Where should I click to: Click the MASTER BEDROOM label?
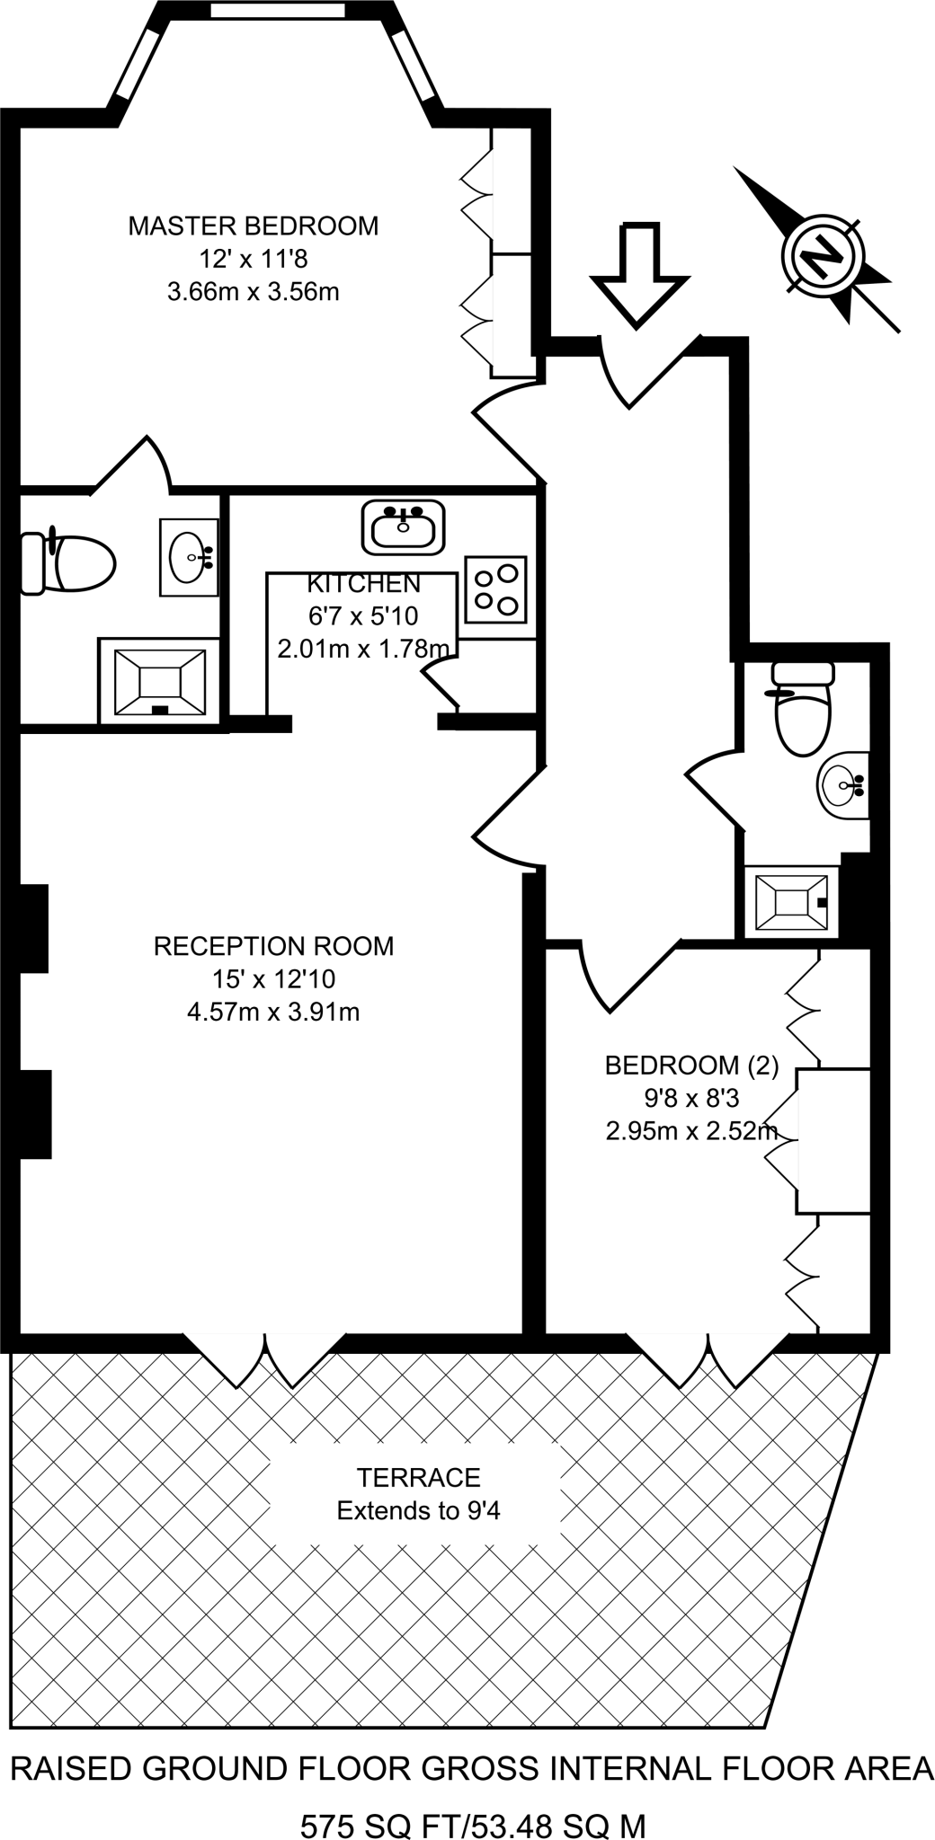pos(253,226)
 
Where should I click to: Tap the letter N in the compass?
pos(823,254)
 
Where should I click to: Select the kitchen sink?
pos(404,527)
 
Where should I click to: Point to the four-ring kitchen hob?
pos(495,589)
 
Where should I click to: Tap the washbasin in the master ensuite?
pos(189,557)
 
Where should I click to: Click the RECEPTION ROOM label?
pos(273,946)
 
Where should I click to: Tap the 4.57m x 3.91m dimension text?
pos(273,1013)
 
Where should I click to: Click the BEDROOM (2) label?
pos(691,1066)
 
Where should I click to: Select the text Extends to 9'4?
pos(418,1511)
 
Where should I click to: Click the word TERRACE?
pos(418,1478)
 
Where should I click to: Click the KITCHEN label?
pos(363,584)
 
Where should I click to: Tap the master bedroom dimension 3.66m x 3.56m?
pos(253,292)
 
